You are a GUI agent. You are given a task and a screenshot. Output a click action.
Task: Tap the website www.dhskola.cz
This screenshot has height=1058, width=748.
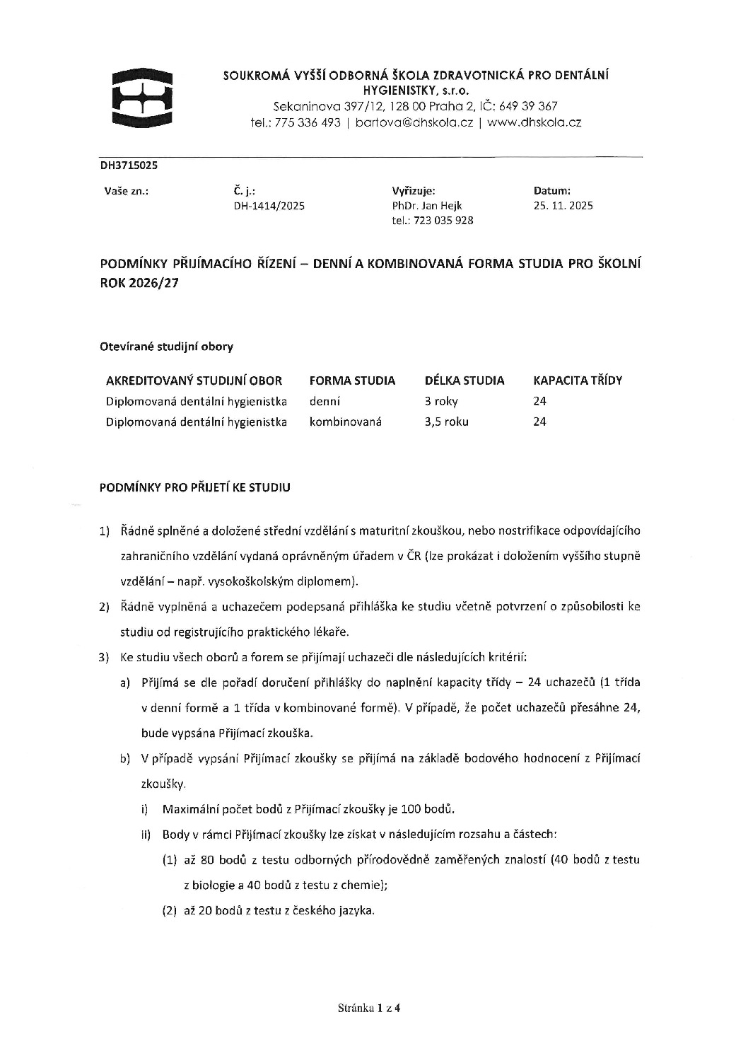(534, 122)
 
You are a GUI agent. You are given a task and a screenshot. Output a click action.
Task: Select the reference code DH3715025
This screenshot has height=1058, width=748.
(129, 165)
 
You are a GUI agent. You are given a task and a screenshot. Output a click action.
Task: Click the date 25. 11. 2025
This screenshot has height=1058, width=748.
(563, 206)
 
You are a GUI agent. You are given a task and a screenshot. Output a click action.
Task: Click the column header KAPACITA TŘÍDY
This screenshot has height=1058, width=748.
(577, 380)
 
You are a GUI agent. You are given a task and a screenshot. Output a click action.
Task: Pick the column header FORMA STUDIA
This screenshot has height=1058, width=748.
(352, 380)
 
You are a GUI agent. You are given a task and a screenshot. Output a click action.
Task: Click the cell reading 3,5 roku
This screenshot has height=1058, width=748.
(446, 422)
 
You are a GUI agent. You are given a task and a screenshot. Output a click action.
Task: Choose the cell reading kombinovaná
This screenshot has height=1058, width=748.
(345, 422)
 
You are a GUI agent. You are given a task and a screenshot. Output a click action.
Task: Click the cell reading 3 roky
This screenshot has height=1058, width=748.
(441, 401)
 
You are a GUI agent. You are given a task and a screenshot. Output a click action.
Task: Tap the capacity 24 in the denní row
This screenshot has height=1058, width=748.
(539, 401)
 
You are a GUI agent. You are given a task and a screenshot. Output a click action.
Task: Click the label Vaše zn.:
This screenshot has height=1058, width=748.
(126, 190)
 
